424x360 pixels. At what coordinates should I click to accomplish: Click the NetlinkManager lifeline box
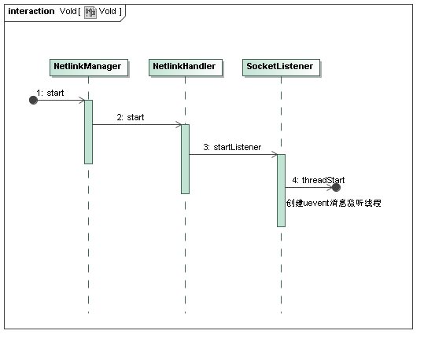pos(89,68)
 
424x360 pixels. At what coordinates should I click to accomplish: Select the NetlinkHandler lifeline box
pos(186,68)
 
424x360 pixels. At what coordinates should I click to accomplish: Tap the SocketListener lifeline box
pos(281,68)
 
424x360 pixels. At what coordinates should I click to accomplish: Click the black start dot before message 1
pos(33,101)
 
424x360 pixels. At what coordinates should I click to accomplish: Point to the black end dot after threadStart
pos(336,187)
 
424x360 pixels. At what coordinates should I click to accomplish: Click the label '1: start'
pos(50,93)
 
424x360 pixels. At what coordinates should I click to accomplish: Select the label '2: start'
pos(131,117)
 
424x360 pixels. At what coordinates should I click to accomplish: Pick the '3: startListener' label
pos(232,147)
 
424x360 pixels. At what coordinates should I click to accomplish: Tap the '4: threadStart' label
pos(319,180)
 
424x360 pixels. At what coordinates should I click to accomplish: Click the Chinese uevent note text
pos(334,203)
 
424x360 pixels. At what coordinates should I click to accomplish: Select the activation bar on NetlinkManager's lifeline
pos(88,132)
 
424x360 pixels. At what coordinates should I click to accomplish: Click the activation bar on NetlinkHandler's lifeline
pos(185,159)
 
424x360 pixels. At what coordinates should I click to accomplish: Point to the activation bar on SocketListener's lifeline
pos(282,190)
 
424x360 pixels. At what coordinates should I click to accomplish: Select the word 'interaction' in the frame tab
pos(31,11)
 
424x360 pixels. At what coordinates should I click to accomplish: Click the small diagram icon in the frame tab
pos(90,13)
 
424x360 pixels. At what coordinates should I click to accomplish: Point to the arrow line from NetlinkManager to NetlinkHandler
pos(137,125)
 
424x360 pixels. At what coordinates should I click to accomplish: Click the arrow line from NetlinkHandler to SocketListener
pos(233,154)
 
